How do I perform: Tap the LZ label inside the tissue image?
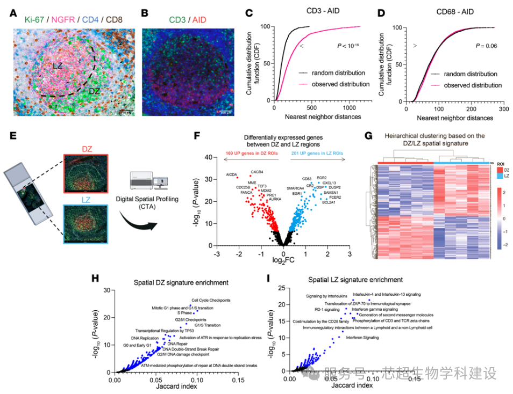click(59, 65)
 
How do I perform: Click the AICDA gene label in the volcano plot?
click(232, 176)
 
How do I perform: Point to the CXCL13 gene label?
click(329, 183)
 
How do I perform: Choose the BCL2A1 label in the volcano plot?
click(331, 203)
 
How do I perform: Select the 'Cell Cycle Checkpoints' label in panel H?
click(211, 300)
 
